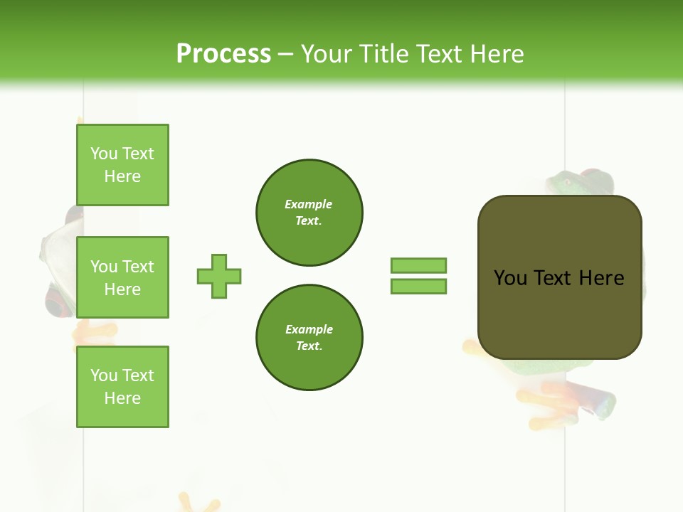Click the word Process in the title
click(x=223, y=54)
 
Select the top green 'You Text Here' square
click(x=122, y=165)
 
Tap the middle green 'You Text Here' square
click(x=122, y=277)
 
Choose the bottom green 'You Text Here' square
click(x=122, y=387)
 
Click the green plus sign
click(x=219, y=276)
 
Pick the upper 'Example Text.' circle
click(x=309, y=212)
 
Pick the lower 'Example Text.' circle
click(x=309, y=337)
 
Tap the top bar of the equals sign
click(x=418, y=265)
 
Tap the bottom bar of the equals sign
click(x=418, y=286)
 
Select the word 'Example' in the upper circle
click(x=309, y=204)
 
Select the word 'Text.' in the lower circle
click(x=309, y=346)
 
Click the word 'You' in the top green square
click(x=103, y=154)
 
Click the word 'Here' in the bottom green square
click(x=122, y=398)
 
